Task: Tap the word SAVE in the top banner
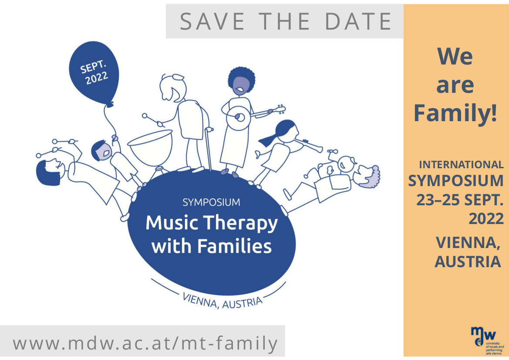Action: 212,21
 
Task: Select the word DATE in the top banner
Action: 358,21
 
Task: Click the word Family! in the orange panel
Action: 455,112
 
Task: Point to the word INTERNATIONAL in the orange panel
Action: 461,165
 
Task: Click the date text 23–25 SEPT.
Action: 460,200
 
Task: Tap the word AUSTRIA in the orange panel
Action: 468,262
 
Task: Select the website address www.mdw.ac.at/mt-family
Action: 145,343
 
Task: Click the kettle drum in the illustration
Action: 150,149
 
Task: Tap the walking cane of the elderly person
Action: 208,148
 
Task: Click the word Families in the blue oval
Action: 235,246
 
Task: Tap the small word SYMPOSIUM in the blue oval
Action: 211,202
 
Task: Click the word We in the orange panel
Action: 455,57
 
